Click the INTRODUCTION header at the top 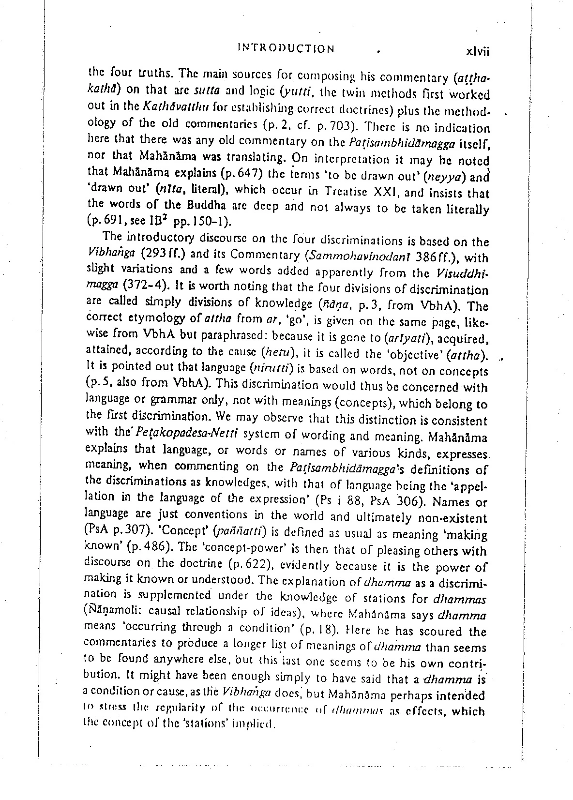(x=286, y=48)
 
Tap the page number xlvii (x=477, y=52)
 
